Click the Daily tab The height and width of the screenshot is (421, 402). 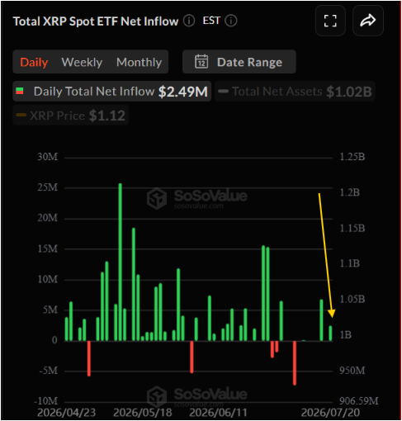34,62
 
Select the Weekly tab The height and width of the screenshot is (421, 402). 82,63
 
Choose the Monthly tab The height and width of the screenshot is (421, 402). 139,63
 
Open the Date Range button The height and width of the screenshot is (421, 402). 239,62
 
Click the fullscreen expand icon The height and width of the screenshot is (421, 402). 330,21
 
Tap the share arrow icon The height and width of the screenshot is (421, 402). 368,21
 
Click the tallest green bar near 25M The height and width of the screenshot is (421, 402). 120,262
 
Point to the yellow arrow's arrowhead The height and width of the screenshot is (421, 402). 332,314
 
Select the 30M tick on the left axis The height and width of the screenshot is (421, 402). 48,157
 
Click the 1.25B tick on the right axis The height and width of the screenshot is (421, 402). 352,157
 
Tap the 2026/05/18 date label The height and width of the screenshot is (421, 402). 143,413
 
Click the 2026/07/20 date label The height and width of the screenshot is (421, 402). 330,413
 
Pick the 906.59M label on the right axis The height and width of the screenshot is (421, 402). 359,401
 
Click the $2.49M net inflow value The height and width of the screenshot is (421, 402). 183,92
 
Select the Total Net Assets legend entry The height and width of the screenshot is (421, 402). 295,92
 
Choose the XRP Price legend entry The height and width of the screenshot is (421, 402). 71,116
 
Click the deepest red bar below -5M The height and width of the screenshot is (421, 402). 295,363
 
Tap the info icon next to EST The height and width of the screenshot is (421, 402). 231,21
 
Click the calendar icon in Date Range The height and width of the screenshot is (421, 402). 201,61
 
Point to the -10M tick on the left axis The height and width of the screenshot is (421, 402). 46,401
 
